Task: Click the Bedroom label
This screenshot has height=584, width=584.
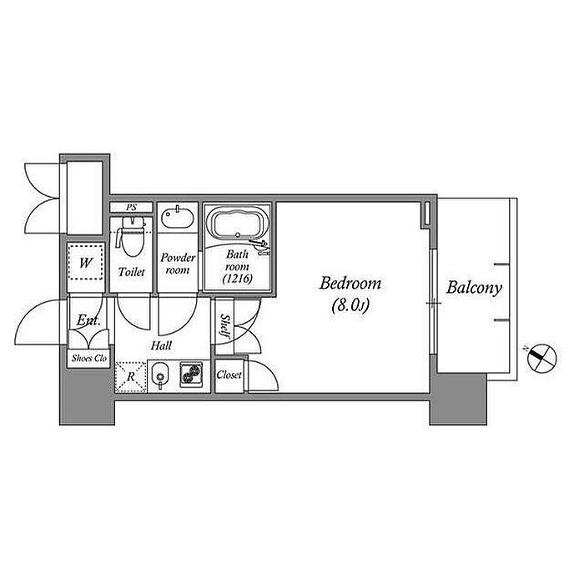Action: tap(350, 284)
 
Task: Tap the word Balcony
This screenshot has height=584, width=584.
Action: tap(474, 288)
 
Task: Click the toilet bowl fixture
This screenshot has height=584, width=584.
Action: tap(132, 237)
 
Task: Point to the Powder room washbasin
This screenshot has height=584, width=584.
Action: tap(177, 217)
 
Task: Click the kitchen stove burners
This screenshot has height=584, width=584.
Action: tap(191, 374)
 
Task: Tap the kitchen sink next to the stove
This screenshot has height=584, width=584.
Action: tap(160, 375)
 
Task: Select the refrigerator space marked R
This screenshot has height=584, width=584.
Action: tap(130, 377)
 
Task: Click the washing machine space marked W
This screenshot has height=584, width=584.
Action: tap(85, 263)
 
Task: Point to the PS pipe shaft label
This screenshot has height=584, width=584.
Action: tap(131, 208)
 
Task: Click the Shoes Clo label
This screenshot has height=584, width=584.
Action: tap(89, 358)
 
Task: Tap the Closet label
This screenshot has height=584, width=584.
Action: tap(229, 375)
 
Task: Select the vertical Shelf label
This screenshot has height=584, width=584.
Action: tap(225, 326)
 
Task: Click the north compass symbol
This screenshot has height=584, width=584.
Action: tap(541, 358)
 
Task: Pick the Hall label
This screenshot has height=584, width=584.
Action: tap(161, 345)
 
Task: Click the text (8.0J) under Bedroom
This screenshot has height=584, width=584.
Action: tap(350, 305)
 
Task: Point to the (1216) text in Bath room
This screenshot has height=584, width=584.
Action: tap(237, 278)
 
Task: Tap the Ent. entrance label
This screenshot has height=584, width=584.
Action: tap(88, 320)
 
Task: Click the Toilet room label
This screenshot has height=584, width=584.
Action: tap(131, 272)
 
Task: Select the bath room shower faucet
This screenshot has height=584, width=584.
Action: tap(260, 246)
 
